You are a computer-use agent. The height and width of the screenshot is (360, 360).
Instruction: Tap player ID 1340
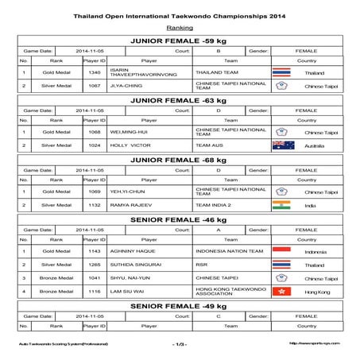click(95, 71)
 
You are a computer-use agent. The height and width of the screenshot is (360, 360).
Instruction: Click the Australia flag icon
click(283, 145)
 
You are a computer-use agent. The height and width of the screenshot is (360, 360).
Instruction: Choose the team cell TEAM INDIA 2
click(215, 205)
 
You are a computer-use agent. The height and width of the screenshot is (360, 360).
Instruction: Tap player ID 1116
click(95, 292)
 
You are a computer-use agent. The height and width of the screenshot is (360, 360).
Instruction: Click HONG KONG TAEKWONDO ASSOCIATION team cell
click(226, 292)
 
